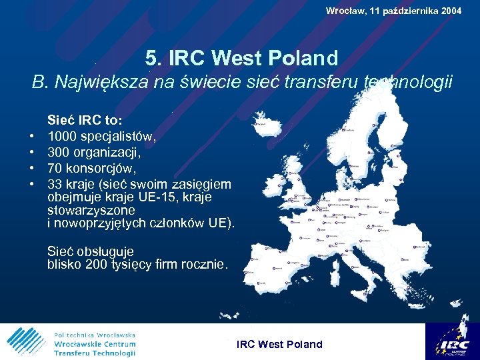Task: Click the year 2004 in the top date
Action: click(x=449, y=11)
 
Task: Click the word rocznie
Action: click(x=203, y=265)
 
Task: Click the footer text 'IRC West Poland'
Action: click(x=280, y=344)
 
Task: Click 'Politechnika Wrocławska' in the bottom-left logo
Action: click(x=95, y=334)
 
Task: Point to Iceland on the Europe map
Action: click(x=265, y=122)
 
